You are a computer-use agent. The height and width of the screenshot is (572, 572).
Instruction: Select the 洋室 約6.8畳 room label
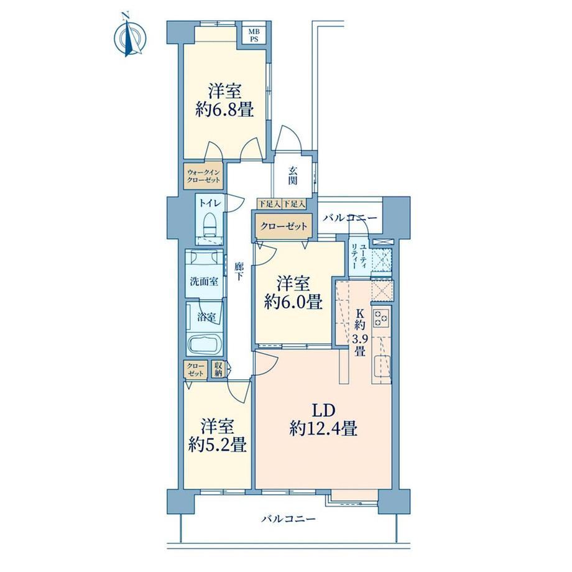click(224, 100)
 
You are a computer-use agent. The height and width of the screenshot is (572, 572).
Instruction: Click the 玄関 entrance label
click(293, 176)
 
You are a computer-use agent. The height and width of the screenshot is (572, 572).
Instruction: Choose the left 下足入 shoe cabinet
click(269, 203)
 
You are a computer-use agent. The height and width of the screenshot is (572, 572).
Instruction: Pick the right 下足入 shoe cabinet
click(294, 203)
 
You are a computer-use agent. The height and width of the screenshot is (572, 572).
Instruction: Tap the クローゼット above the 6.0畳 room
click(284, 226)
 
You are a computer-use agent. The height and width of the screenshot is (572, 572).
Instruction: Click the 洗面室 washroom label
click(204, 282)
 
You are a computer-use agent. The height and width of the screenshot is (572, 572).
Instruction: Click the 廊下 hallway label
click(239, 272)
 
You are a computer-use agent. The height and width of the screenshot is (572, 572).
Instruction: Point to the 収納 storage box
click(218, 369)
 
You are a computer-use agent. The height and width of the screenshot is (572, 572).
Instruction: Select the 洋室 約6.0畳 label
click(293, 293)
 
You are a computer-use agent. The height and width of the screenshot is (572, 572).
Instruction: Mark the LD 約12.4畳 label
click(323, 420)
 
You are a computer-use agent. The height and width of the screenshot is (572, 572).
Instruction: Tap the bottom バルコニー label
click(288, 519)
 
